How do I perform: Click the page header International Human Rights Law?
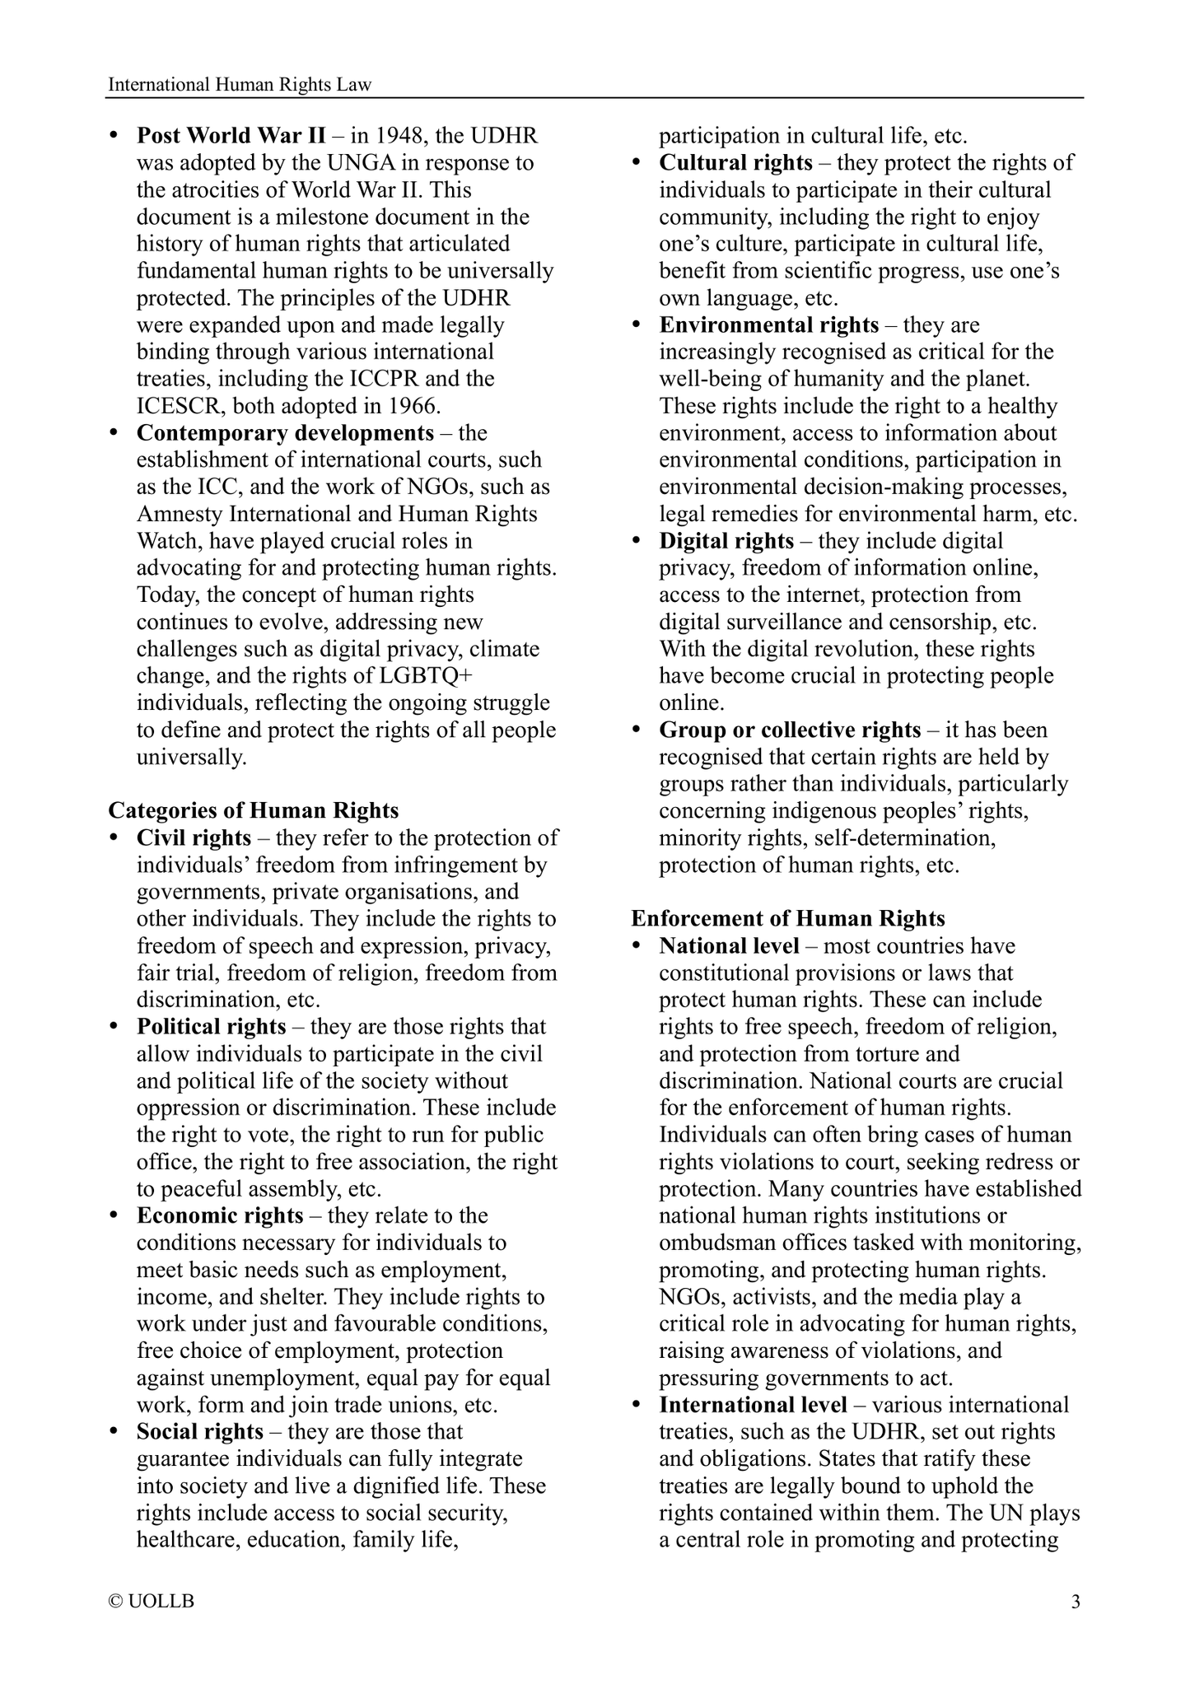pyautogui.click(x=240, y=85)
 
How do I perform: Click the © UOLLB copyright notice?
pyautogui.click(x=152, y=1602)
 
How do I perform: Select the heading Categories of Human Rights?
pyautogui.click(x=254, y=811)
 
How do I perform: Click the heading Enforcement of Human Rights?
pyautogui.click(x=788, y=918)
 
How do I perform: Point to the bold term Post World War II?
pyautogui.click(x=231, y=136)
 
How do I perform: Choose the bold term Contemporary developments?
pyautogui.click(x=285, y=433)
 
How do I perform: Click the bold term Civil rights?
pyautogui.click(x=194, y=838)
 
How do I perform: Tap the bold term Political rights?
pyautogui.click(x=212, y=1027)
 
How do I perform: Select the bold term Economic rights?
pyautogui.click(x=220, y=1216)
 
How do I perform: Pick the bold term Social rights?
pyautogui.click(x=200, y=1432)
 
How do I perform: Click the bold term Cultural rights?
pyautogui.click(x=735, y=163)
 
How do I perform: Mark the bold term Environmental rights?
pyautogui.click(x=768, y=325)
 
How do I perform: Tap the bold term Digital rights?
pyautogui.click(x=726, y=541)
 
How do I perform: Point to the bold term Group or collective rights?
pyautogui.click(x=790, y=730)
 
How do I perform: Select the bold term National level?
pyautogui.click(x=729, y=946)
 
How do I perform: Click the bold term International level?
pyautogui.click(x=753, y=1405)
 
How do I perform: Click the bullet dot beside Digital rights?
pyautogui.click(x=637, y=542)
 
